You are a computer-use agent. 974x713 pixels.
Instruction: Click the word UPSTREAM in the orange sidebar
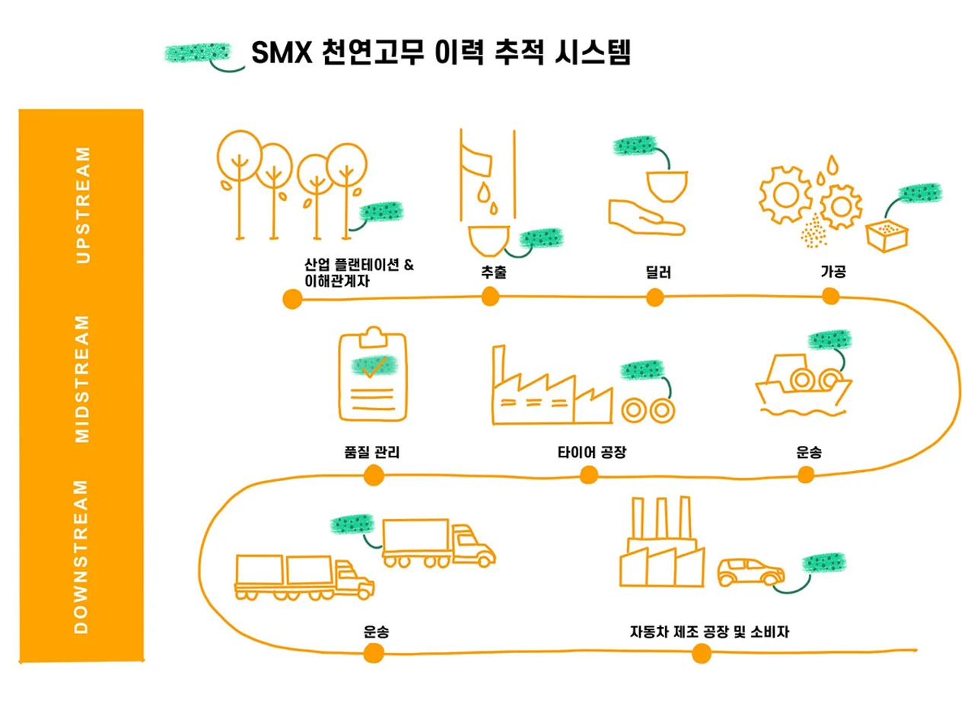click(83, 205)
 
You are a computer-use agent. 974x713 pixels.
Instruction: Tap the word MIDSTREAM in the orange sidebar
click(82, 379)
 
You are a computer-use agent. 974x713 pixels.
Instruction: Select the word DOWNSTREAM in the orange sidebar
click(81, 556)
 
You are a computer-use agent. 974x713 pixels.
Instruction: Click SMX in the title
click(282, 53)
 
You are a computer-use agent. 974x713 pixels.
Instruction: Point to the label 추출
click(494, 272)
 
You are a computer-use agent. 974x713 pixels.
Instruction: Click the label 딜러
click(658, 272)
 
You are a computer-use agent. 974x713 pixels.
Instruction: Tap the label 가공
click(833, 272)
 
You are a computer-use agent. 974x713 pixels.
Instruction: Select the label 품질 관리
click(372, 452)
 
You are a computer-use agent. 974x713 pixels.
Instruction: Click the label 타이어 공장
click(592, 452)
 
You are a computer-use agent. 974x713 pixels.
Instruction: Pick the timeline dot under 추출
click(491, 298)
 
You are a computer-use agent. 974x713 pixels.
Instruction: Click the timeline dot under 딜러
click(655, 298)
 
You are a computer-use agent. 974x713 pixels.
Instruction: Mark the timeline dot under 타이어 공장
click(589, 475)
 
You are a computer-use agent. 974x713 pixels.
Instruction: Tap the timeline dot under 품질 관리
click(374, 475)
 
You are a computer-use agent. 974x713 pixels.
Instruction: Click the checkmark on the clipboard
click(374, 368)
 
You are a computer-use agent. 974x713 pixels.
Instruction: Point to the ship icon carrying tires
click(804, 385)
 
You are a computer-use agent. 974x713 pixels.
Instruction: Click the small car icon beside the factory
click(750, 572)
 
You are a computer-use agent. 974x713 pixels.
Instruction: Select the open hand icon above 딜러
click(647, 218)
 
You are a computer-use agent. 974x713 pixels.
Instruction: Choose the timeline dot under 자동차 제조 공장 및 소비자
click(702, 654)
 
